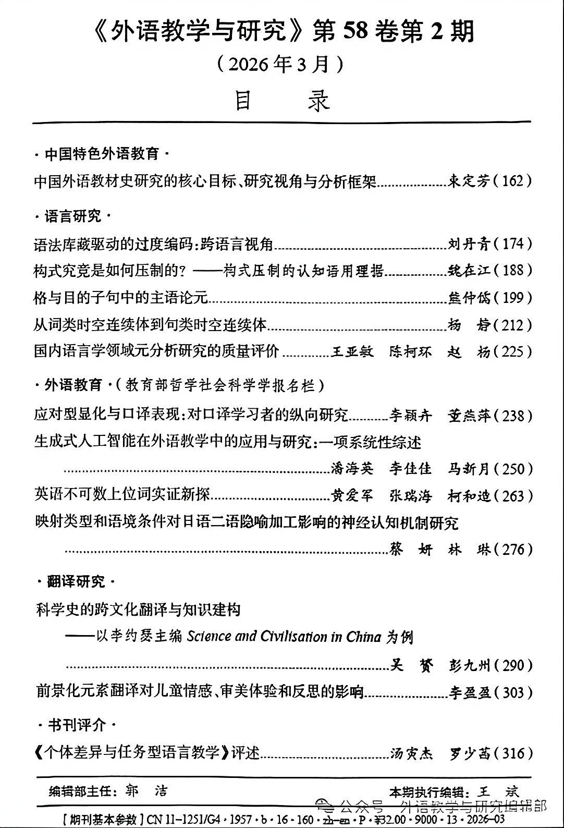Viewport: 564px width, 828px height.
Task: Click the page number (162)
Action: tap(513, 181)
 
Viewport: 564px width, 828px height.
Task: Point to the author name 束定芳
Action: tap(469, 181)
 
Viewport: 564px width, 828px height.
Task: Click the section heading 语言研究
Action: tap(73, 216)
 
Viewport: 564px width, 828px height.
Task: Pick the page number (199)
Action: tap(513, 298)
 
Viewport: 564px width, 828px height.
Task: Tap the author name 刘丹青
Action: tap(469, 243)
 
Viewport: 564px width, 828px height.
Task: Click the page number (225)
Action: tap(513, 351)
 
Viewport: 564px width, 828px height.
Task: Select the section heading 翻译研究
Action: tap(76, 581)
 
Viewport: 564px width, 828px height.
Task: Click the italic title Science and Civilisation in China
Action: tap(284, 637)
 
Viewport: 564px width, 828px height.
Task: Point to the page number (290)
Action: tap(513, 665)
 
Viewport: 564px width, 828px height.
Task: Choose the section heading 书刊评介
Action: tap(77, 725)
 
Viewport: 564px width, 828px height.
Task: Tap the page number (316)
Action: tap(513, 753)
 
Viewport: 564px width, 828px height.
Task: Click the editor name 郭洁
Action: tap(146, 791)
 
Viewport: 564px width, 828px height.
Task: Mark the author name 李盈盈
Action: tap(469, 693)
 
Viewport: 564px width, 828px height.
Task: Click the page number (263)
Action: tap(513, 496)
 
